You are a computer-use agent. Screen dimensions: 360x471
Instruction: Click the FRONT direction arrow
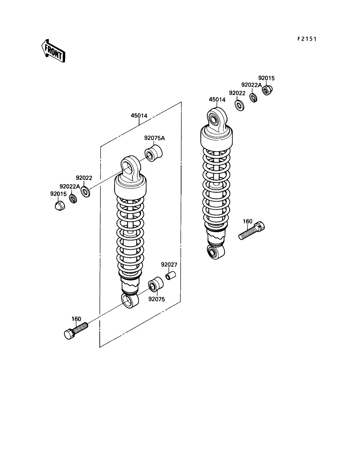(x=54, y=51)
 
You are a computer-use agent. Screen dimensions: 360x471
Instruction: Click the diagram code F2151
(x=307, y=39)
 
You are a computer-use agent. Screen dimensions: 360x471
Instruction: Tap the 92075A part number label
(x=154, y=138)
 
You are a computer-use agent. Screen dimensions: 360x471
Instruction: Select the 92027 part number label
(x=169, y=265)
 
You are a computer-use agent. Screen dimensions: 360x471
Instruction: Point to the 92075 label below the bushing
(x=157, y=299)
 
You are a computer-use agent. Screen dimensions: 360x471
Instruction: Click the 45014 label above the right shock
(x=217, y=99)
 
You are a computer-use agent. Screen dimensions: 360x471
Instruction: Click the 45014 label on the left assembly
(x=139, y=115)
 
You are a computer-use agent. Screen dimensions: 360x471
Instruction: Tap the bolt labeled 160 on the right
(x=252, y=231)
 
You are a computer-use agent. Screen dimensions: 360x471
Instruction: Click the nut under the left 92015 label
(x=60, y=206)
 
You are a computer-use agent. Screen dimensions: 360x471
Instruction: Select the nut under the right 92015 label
(x=267, y=90)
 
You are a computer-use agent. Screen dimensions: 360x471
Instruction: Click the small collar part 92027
(x=170, y=276)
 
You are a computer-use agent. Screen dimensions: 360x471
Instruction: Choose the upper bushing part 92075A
(x=153, y=153)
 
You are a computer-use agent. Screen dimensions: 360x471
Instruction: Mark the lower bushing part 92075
(x=156, y=284)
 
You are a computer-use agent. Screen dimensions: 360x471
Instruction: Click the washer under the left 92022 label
(x=85, y=191)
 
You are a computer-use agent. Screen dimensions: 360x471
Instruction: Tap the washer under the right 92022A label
(x=253, y=98)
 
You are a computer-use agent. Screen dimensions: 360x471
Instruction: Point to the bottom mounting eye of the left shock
(x=130, y=301)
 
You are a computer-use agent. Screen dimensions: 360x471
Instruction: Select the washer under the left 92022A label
(x=73, y=198)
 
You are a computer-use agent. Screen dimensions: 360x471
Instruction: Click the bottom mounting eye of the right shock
(x=215, y=252)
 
